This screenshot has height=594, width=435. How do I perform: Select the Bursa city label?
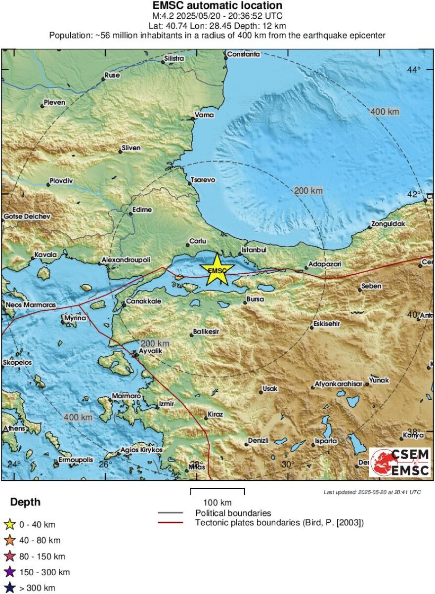(255, 299)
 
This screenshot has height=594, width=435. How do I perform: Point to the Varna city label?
(205, 115)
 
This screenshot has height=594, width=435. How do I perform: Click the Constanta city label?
(243, 54)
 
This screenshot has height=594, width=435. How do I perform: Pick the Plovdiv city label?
(62, 181)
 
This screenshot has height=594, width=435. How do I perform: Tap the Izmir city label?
(167, 404)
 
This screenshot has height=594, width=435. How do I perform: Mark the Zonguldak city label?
(389, 224)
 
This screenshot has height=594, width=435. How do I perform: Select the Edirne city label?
(142, 210)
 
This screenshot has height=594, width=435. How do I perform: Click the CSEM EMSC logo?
(400, 462)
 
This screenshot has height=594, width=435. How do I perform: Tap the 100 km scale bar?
(217, 492)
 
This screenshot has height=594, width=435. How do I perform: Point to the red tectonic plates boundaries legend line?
(171, 522)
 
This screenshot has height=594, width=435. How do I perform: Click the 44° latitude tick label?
(413, 69)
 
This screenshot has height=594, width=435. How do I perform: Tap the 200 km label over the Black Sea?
(308, 191)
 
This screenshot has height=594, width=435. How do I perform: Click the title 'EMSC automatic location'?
(217, 6)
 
